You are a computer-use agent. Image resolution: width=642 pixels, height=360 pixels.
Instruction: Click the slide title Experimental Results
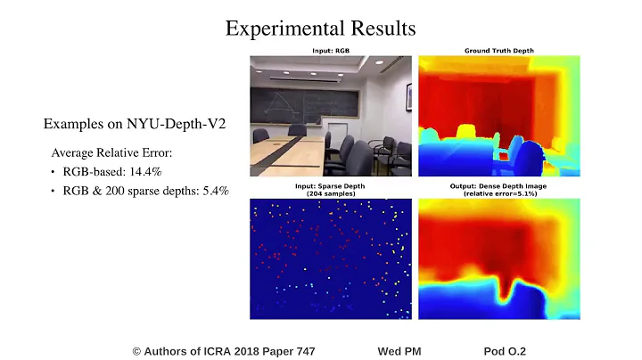coord(320,29)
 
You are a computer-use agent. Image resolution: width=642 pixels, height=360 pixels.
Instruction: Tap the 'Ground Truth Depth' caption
coord(498,51)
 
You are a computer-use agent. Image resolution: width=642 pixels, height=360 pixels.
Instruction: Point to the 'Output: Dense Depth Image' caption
coord(498,185)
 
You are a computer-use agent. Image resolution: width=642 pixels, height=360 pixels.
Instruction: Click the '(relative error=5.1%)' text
coord(498,192)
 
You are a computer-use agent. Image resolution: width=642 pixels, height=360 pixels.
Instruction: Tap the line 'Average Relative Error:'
coord(111,152)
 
